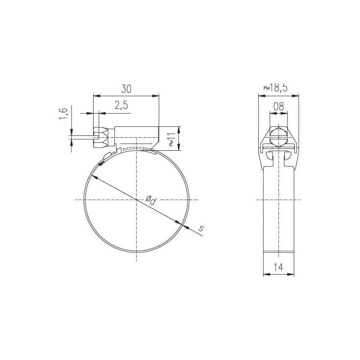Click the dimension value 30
click(126, 89)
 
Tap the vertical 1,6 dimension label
click(63, 113)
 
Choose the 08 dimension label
click(279, 107)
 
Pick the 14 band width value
click(279, 267)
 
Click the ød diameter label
click(151, 200)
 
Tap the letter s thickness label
click(201, 228)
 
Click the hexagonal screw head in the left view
click(100, 138)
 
